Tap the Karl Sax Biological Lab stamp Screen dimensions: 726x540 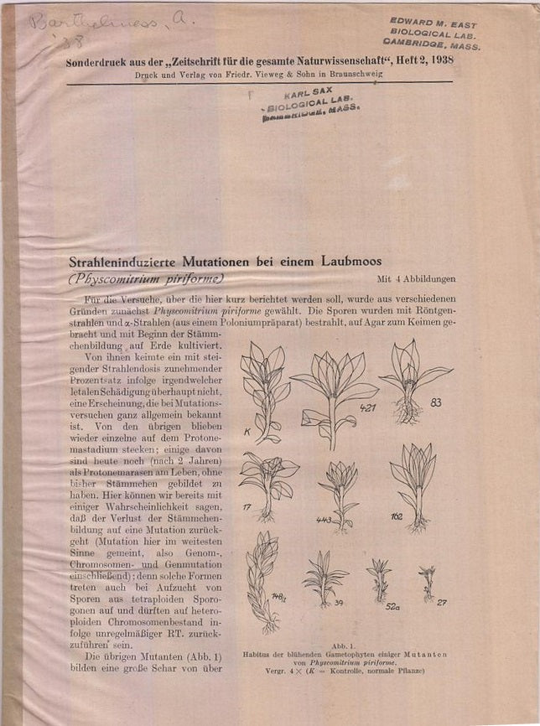[310, 106]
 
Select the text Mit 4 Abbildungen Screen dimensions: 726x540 [416, 279]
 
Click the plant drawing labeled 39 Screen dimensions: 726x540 [324, 578]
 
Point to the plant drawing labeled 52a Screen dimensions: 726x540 [379, 578]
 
